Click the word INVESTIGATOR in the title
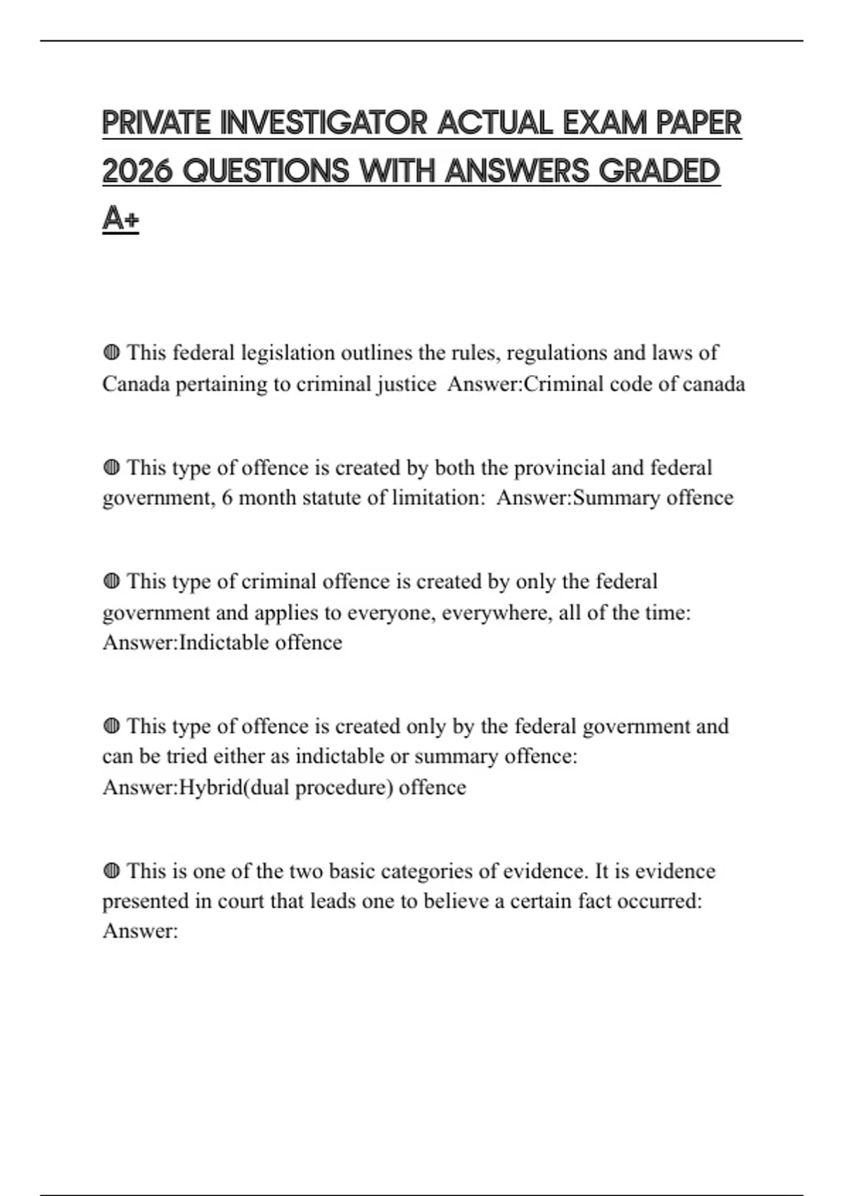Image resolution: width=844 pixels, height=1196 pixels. click(323, 124)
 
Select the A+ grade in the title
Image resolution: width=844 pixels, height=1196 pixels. click(120, 219)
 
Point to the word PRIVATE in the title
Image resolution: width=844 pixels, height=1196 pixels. click(156, 124)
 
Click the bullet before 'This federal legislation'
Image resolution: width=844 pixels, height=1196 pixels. click(111, 352)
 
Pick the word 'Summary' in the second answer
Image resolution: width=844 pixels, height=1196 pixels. click(617, 498)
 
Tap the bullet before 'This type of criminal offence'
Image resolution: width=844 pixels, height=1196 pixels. click(111, 581)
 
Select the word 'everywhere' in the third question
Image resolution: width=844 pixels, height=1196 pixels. click(497, 613)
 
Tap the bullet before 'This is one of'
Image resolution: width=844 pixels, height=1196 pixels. click(111, 871)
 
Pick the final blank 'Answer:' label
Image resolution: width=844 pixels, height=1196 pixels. click(140, 931)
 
